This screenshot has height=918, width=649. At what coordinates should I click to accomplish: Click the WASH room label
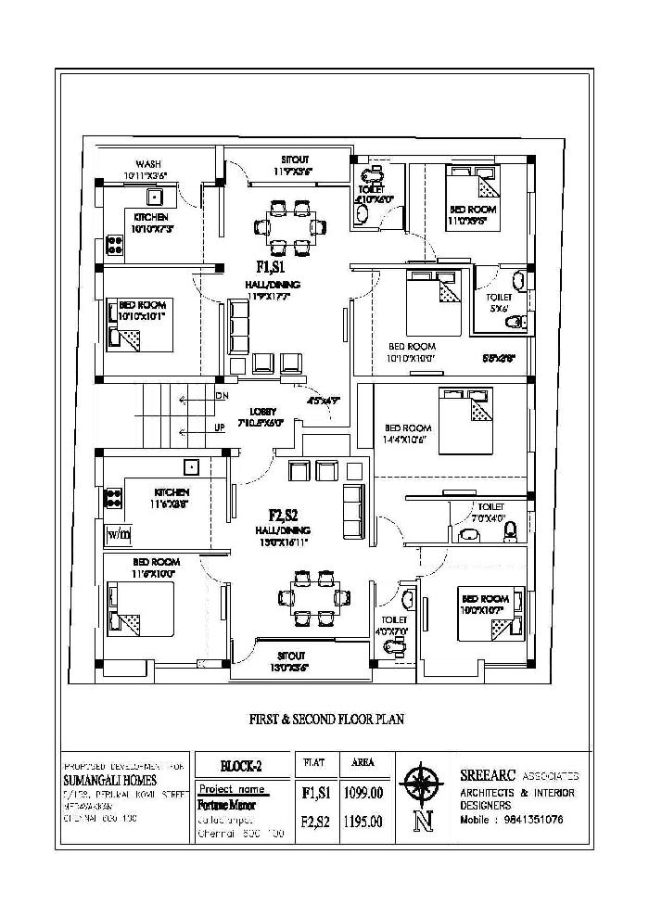tap(149, 163)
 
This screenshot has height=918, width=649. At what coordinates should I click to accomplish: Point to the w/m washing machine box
tap(119, 534)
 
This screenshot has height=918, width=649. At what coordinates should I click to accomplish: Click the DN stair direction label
tap(223, 397)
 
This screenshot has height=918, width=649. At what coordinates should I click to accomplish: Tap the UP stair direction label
tap(221, 427)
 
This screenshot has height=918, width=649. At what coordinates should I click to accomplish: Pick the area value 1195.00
tap(363, 821)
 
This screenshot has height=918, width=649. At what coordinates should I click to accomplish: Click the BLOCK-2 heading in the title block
tap(241, 765)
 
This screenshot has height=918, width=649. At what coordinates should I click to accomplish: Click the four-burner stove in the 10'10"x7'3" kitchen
tap(116, 245)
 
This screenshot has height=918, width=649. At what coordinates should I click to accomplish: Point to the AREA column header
tap(363, 762)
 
